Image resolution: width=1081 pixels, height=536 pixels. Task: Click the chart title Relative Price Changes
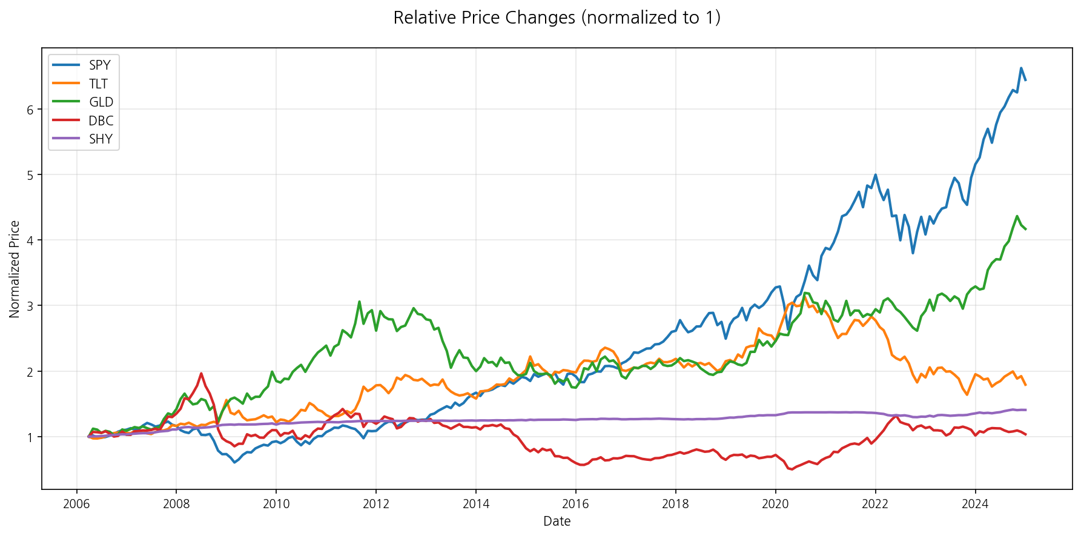[557, 18]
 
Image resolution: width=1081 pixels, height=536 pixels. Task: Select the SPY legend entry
[99, 65]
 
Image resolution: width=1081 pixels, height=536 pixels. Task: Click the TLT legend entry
[98, 84]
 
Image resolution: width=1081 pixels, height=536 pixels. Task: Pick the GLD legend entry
[101, 102]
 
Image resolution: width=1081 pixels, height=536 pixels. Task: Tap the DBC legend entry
[101, 121]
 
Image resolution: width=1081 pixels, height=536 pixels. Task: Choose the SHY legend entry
[101, 139]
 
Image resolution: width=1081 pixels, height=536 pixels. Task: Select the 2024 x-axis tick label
[975, 503]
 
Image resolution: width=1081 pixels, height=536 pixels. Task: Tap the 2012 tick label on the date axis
[375, 503]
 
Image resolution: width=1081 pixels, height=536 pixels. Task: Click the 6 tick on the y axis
[29, 110]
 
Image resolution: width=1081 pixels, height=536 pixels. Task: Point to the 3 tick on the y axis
[29, 306]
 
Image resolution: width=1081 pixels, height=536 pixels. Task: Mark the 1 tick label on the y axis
[29, 437]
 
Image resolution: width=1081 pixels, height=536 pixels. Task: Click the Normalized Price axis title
[15, 269]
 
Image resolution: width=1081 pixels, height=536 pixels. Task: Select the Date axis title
[557, 521]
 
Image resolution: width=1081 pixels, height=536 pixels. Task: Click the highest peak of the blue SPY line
[1021, 68]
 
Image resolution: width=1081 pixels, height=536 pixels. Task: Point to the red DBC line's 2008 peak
[201, 373]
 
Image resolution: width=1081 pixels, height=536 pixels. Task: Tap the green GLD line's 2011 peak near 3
[359, 302]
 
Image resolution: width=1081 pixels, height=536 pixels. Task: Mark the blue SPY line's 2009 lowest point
[234, 463]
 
